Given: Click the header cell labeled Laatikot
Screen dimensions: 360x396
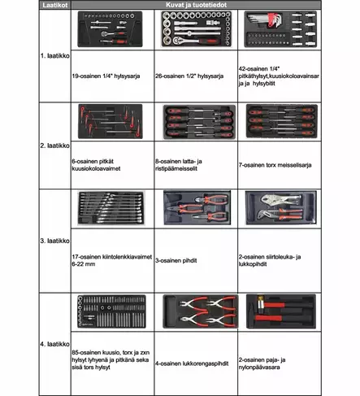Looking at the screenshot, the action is point(55,5).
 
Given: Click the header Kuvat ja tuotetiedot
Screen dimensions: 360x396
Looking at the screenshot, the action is point(196,5).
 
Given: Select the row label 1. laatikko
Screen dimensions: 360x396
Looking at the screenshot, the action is point(55,56).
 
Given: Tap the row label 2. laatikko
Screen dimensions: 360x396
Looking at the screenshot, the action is point(55,146).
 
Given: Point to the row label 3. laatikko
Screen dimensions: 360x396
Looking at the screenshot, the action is point(55,241).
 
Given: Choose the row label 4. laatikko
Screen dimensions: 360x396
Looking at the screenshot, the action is point(55,344).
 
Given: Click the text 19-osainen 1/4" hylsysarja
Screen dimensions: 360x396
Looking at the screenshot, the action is point(106,76).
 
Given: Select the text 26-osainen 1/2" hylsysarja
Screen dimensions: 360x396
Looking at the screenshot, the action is point(189,76).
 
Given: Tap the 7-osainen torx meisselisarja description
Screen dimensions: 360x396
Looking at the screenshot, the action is point(275,165).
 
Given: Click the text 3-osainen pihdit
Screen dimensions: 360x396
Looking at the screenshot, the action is point(176,260).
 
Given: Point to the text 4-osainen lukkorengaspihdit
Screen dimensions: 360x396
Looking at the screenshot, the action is point(192,363).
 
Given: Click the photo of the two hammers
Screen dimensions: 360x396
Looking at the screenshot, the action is point(281,311).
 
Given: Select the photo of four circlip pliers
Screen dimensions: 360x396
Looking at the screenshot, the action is point(201,311).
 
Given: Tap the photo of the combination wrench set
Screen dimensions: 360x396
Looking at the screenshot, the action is point(111,208).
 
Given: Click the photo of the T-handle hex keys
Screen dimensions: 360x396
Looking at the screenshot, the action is point(111,121).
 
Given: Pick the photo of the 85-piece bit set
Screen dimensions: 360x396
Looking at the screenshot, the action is point(111,311).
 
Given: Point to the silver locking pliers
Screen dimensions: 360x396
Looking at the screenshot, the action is point(280,200).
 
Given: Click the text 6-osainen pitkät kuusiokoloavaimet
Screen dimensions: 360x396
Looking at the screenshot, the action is point(96,165).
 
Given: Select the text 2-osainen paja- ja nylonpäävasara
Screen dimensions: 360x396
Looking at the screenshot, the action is point(262,363).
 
